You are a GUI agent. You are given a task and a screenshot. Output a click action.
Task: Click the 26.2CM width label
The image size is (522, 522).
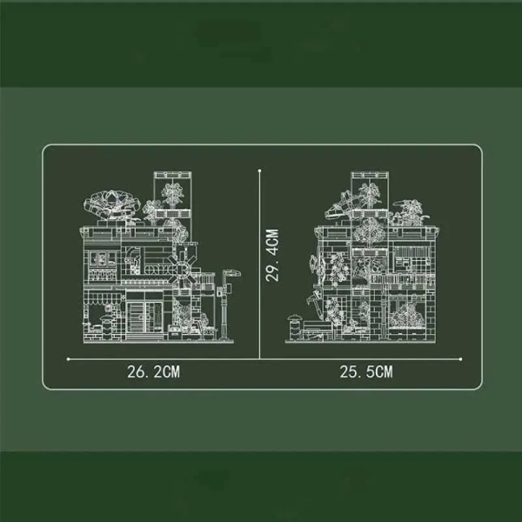coord(153,371)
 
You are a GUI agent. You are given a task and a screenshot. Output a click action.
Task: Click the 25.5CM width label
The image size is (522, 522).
coord(366,371)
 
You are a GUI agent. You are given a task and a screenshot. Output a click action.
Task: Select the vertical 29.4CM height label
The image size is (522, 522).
coord(272,255)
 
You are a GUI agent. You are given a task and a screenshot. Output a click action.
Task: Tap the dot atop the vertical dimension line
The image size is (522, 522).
coord(259,171)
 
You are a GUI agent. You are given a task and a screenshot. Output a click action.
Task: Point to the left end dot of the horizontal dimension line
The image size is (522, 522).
coord(68,359)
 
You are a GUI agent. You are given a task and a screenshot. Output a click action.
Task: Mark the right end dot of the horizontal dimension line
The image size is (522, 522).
coord(460,359)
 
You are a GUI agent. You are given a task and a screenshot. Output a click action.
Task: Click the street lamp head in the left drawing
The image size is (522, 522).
coord(232,273)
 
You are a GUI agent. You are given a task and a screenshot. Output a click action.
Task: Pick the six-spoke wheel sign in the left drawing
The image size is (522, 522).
coord(182,269)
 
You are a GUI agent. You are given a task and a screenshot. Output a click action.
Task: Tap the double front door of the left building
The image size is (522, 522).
coord(144,318)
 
